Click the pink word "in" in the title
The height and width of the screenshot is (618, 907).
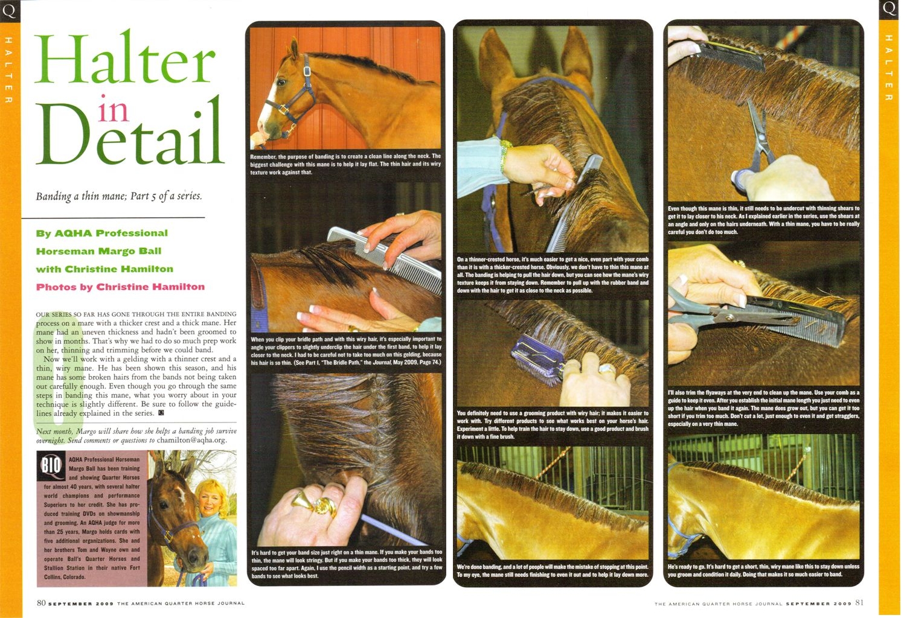click(x=113, y=109)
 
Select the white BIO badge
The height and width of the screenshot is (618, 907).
click(x=51, y=467)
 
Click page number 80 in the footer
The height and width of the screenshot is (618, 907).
click(x=41, y=603)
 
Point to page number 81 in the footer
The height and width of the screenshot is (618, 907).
click(x=859, y=603)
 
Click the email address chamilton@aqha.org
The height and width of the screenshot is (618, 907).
click(x=191, y=441)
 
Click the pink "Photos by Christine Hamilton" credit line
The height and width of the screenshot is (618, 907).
click(x=120, y=287)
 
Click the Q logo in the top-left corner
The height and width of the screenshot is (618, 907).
click(x=10, y=11)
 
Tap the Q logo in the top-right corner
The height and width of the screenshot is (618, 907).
click(x=889, y=10)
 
